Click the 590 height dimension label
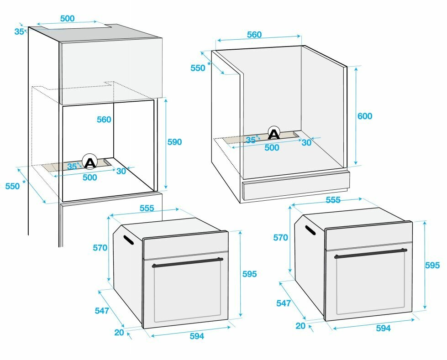[174, 142]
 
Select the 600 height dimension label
[364, 116]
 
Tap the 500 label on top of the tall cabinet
[67, 19]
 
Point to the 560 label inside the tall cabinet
[104, 120]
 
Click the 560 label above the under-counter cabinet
[254, 35]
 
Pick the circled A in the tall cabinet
[90, 162]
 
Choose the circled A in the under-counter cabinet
[273, 134]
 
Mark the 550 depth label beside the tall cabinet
[13, 186]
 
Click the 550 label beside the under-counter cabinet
[198, 68]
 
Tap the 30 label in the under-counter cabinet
[306, 142]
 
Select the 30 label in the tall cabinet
[121, 171]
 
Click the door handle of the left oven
[187, 262]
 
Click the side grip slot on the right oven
[310, 230]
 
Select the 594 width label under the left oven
[196, 336]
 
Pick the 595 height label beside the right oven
[432, 265]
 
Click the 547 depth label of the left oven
[102, 311]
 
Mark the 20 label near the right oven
[300, 325]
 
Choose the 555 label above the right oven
[333, 200]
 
